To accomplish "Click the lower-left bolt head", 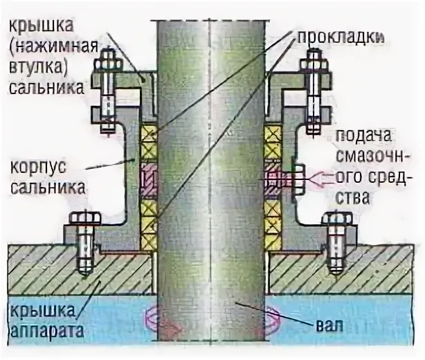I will tap(83, 223).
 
